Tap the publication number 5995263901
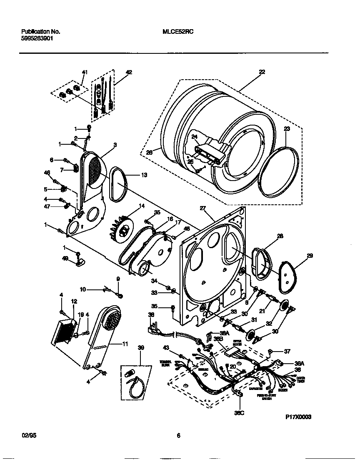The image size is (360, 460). [x=37, y=38]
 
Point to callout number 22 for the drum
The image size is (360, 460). [x=262, y=72]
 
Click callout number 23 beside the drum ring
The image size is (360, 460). [x=287, y=129]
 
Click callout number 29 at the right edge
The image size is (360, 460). [x=310, y=255]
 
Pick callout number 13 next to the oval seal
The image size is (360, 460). [x=144, y=175]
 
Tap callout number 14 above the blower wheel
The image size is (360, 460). [x=142, y=206]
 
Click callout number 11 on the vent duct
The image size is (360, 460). [x=125, y=344]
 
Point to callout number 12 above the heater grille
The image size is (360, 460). [x=74, y=301]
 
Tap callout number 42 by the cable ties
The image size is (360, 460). [x=129, y=72]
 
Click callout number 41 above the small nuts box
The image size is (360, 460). [x=85, y=72]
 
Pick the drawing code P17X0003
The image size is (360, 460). [x=298, y=417]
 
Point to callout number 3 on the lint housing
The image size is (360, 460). [x=115, y=145]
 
